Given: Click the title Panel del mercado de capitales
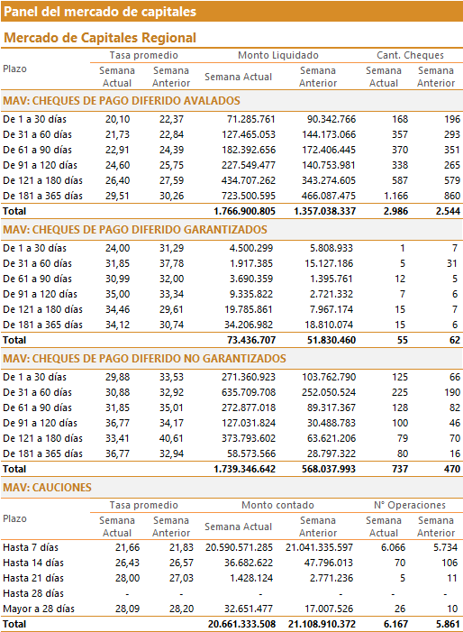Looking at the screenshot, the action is (x=100, y=12).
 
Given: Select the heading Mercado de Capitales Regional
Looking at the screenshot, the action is (x=100, y=38).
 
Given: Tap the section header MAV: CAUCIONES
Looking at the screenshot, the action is (x=47, y=488).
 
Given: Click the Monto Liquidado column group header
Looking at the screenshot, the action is (x=278, y=55).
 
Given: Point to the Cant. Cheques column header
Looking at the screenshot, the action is (x=410, y=55).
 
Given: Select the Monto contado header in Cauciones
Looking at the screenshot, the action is (x=277, y=505).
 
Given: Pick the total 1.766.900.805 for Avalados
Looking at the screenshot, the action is (x=244, y=211).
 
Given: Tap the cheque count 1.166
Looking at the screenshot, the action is (x=395, y=196).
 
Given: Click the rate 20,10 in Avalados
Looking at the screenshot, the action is (x=118, y=119).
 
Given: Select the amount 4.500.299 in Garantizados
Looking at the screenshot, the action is (x=250, y=248).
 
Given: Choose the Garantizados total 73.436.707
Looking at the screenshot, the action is (x=251, y=340).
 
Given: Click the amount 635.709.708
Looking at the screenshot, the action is (x=249, y=392).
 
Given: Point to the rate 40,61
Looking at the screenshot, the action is (x=171, y=438).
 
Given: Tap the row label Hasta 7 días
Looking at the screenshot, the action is (x=31, y=547).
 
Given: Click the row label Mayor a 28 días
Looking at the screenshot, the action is (x=39, y=609).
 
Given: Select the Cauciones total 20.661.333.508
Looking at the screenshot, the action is (x=241, y=625).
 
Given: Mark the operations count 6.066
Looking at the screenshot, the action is (x=394, y=547).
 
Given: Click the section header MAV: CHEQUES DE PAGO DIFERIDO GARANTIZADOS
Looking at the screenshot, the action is (x=135, y=230).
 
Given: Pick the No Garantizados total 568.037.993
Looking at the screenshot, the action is (x=329, y=469).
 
